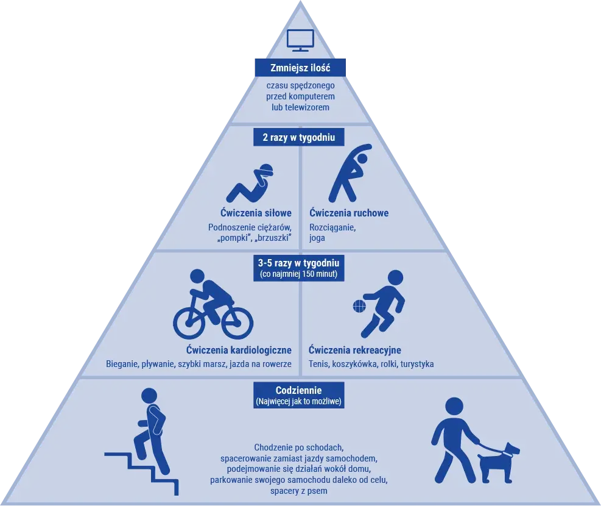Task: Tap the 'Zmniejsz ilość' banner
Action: click(301, 68)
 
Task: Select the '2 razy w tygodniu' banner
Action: click(299, 137)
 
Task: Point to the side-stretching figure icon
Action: click(349, 173)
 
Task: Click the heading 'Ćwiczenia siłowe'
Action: click(256, 213)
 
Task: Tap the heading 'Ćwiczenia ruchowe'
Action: click(349, 213)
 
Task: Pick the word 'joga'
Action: click(317, 238)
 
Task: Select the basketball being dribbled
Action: click(360, 306)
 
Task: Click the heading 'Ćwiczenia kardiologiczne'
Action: click(239, 350)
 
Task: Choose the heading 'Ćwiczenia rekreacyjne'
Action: click(355, 350)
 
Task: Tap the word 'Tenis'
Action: click(318, 364)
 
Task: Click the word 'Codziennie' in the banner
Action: click(298, 391)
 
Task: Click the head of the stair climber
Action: click(149, 396)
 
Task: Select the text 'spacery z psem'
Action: click(298, 491)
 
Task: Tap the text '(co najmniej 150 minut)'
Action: click(298, 274)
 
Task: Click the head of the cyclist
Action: click(197, 277)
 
